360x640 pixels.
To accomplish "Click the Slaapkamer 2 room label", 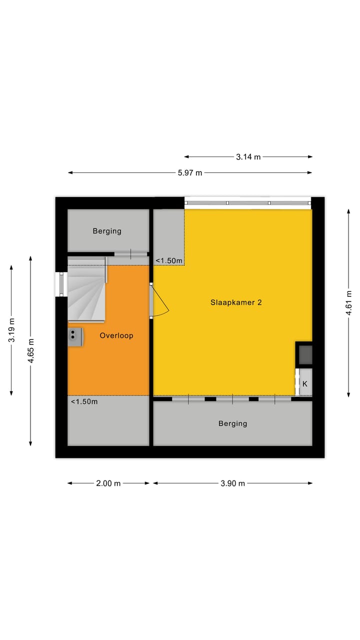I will coord(236,302).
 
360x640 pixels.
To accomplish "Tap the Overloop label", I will coord(116,335).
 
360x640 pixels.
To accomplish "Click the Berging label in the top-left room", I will coord(107,231).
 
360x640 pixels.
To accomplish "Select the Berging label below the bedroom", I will coord(232,423).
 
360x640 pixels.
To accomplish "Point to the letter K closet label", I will coord(305,384).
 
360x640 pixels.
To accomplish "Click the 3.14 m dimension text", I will coord(248,156).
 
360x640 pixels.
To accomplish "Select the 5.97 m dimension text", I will coord(190,172).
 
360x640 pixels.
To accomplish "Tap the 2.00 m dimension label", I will coord(108,483).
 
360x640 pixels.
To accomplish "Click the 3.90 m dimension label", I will coord(233,483).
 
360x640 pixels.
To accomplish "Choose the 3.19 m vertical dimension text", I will coord(11,330).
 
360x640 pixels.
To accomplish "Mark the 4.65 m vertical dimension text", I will coord(31,351).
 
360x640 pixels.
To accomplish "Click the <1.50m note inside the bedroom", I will coord(168,260).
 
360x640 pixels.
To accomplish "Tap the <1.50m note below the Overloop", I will coord(83,401).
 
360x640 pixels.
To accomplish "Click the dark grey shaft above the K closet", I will coord(305,354).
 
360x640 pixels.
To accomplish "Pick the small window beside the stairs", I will coord(61,284).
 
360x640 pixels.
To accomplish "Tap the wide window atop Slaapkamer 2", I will coord(247,202).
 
